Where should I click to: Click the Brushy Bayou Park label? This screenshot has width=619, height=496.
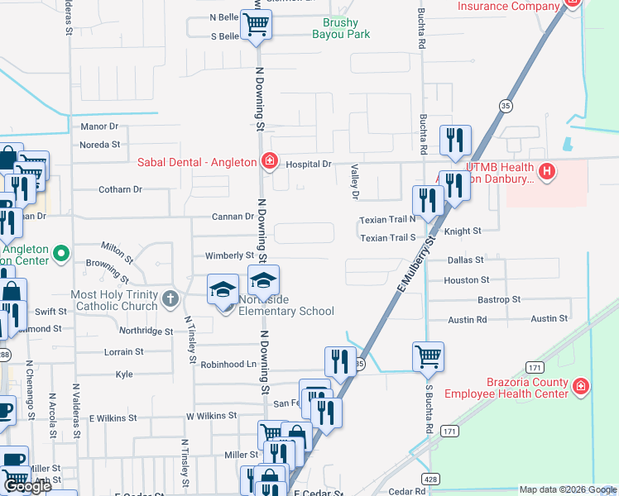click(340, 29)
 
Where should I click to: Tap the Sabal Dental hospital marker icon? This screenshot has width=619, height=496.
click(268, 162)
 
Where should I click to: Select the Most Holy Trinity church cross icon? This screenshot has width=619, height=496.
click(170, 298)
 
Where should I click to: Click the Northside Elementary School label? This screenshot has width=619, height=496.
click(286, 305)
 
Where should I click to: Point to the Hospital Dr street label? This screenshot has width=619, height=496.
click(308, 165)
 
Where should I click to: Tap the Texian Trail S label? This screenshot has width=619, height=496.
click(387, 238)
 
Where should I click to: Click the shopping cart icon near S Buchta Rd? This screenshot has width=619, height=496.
click(428, 357)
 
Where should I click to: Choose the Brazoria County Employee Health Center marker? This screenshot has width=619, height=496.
click(581, 386)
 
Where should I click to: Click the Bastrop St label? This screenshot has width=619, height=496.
click(499, 299)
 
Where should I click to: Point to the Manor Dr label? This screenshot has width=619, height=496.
click(99, 126)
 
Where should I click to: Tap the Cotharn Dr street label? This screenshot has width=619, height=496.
click(120, 189)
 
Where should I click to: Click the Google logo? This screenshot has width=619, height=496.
click(27, 486)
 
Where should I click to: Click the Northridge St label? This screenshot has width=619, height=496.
click(145, 331)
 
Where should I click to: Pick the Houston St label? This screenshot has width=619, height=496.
click(467, 280)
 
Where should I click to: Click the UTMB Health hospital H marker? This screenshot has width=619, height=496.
click(546, 172)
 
